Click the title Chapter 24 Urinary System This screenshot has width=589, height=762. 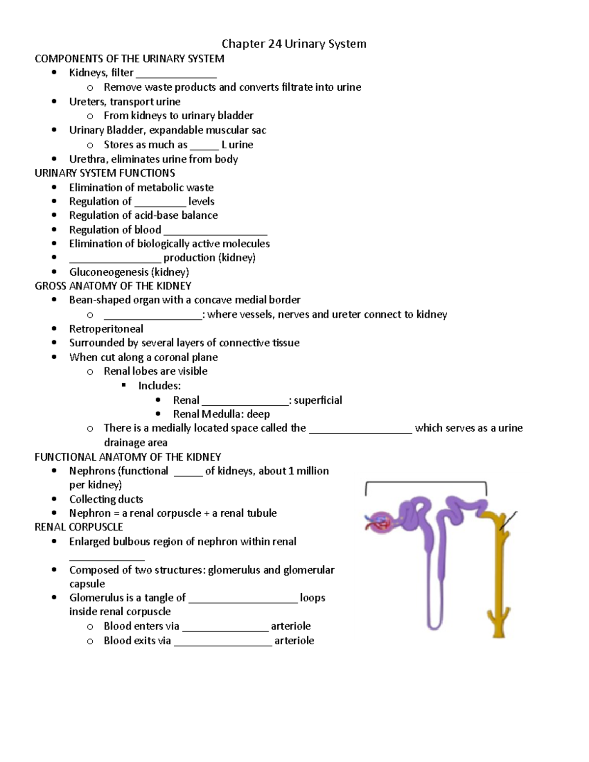coord(294,44)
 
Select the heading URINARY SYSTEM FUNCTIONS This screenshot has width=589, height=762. coord(105,173)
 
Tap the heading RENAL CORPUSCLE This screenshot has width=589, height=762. coord(79,527)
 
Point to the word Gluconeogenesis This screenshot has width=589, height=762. coord(108,272)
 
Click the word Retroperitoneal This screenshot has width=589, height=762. coord(106,329)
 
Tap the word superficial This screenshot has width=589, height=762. coord(318,400)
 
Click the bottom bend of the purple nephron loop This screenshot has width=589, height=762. coord(435,625)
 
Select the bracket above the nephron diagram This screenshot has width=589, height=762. coord(426,483)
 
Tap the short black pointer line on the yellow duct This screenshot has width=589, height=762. coord(509,521)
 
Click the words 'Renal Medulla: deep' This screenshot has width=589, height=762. coord(221,414)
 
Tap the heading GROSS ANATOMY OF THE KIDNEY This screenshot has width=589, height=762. coord(113,286)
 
